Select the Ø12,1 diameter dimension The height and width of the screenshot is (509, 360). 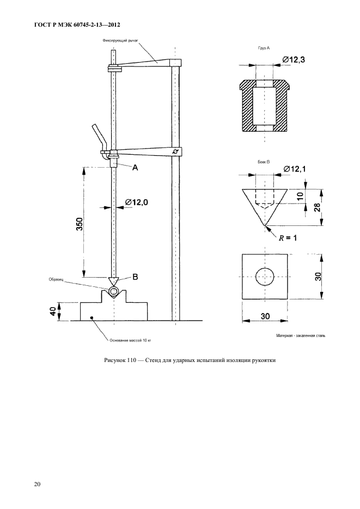[294, 170]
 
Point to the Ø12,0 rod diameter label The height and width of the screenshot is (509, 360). [137, 203]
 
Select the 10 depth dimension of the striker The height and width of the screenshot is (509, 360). [299, 196]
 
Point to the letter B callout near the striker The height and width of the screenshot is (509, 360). [135, 276]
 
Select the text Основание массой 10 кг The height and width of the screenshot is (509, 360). [127, 341]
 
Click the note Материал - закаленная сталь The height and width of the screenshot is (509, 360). [301, 337]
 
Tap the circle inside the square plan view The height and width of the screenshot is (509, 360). [265, 277]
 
